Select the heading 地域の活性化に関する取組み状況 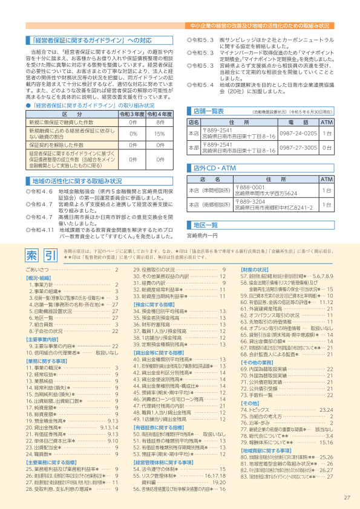(77, 181)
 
